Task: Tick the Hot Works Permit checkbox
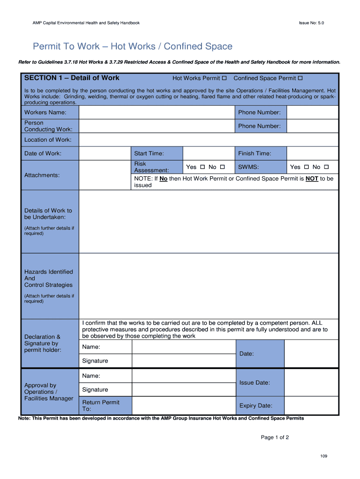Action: pyautogui.click(x=224, y=78)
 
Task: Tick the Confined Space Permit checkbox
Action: pyautogui.click(x=300, y=78)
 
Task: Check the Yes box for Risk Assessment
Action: pyautogui.click(x=202, y=167)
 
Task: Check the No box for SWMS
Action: pyautogui.click(x=326, y=167)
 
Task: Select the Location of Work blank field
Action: pyautogui.click(x=209, y=139)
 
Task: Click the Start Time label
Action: pyautogui.click(x=149, y=153)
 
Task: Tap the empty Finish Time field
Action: pyautogui.click(x=312, y=153)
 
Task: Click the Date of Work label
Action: pyautogui.click(x=43, y=153)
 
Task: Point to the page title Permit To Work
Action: pyautogui.click(x=132, y=46)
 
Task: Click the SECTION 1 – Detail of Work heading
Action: pyautogui.click(x=72, y=78)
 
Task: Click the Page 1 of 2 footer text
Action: pyautogui.click(x=275, y=437)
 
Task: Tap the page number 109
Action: pyautogui.click(x=324, y=456)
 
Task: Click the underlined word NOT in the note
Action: pyautogui.click(x=312, y=179)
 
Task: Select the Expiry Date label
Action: pyautogui.click(x=255, y=406)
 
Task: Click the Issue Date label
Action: pyautogui.click(x=254, y=383)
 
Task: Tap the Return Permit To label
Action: pyautogui.click(x=101, y=406)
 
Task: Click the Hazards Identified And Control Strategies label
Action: pyautogui.click(x=49, y=278)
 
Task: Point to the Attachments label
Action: pyautogui.click(x=42, y=175)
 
